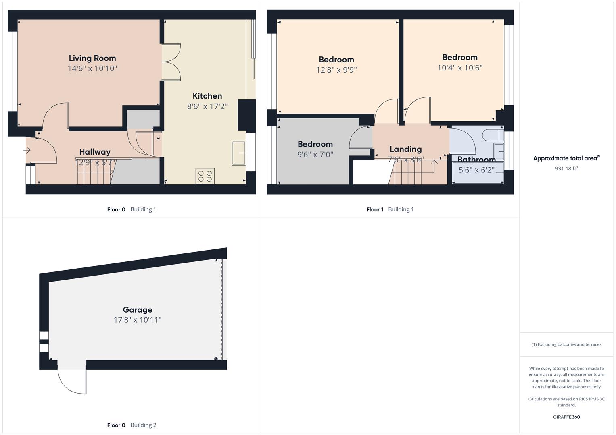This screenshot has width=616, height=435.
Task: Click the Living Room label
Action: pos(92,58)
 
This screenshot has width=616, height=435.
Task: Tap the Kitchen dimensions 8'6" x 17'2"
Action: pos(207,106)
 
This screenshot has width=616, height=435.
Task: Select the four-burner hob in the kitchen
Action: pos(205,176)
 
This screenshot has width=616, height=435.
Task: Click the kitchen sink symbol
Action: pos(239,153)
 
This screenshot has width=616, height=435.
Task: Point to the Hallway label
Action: pos(95,152)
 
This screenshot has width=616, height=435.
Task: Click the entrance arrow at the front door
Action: pos(27,150)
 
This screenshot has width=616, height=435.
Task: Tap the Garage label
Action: pos(138,310)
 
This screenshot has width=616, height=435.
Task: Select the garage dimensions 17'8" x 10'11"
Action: pos(138,320)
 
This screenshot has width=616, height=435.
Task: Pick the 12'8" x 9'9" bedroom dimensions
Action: pos(336,70)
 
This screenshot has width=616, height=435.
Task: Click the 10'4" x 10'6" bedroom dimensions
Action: pos(460,68)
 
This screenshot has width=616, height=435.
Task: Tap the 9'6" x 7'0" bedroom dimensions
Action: pos(315,155)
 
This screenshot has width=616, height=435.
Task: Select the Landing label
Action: pos(406,149)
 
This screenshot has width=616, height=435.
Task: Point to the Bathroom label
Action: pos(476,159)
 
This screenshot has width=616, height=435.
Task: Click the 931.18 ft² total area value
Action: pos(566,168)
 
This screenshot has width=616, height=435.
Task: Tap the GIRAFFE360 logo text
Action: pos(566,417)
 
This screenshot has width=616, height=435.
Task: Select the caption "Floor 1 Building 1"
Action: pos(390,209)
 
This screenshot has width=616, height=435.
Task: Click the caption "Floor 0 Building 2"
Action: pos(132,425)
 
